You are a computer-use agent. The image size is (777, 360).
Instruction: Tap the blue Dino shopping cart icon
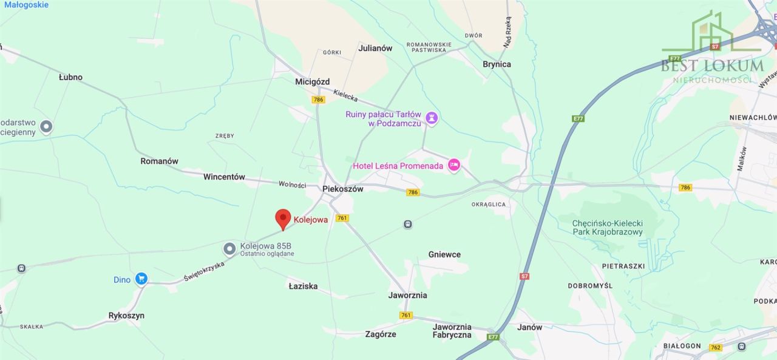(x=141, y=279)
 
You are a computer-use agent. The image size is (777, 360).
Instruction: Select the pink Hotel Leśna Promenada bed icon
(x=453, y=165)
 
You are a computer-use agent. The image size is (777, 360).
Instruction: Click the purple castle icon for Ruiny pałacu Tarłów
(x=432, y=118)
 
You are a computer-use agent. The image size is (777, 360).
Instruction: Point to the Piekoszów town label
(x=343, y=189)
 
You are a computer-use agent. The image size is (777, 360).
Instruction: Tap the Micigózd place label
(x=312, y=81)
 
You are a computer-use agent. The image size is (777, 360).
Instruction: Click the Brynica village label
(x=497, y=64)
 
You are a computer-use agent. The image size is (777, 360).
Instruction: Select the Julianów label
(x=375, y=48)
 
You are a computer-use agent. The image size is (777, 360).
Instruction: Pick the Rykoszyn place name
(x=126, y=316)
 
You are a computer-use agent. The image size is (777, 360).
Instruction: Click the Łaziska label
(x=303, y=286)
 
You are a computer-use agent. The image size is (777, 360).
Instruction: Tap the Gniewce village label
(x=444, y=254)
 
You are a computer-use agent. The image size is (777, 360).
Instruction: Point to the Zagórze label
(x=381, y=334)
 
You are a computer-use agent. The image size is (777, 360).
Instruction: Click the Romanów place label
(x=159, y=161)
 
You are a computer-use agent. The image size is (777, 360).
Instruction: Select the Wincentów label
(x=224, y=177)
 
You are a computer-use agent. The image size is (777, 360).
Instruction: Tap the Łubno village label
(x=70, y=77)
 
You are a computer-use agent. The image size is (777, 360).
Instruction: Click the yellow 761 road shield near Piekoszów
(x=342, y=218)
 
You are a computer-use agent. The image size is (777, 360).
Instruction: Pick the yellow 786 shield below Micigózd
(x=318, y=100)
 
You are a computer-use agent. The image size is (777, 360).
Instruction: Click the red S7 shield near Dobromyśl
(x=524, y=276)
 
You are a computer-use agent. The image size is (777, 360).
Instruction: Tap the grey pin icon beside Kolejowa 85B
(x=229, y=248)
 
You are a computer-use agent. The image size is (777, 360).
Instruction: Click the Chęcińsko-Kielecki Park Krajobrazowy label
(x=607, y=228)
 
